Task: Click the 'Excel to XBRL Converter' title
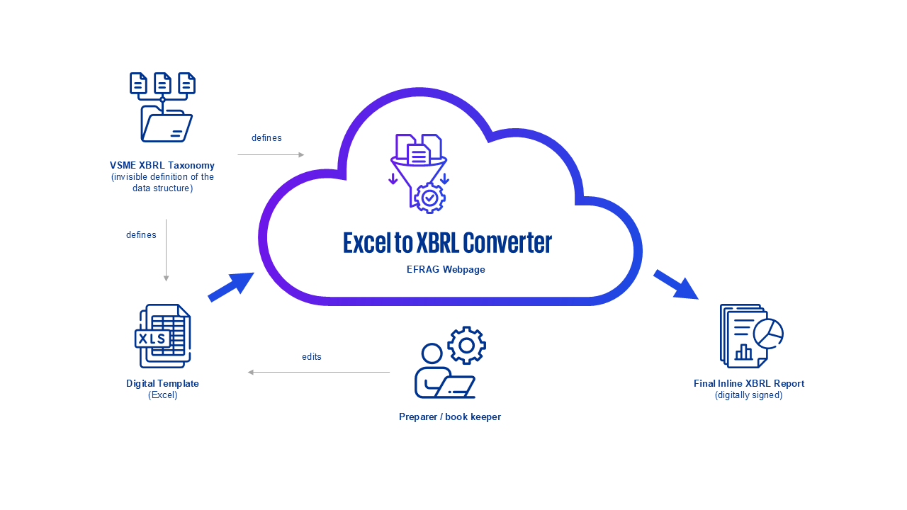click(x=447, y=243)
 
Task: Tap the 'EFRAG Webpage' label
click(x=446, y=270)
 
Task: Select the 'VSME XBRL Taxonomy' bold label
click(x=162, y=166)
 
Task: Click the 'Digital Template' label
click(x=162, y=383)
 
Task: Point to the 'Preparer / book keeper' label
click(x=450, y=417)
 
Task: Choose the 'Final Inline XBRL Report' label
click(x=749, y=383)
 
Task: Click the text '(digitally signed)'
click(x=749, y=395)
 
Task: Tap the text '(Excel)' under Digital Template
click(x=162, y=395)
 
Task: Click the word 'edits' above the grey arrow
click(x=312, y=357)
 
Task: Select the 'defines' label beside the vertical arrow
click(x=141, y=235)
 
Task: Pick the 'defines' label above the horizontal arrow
click(x=266, y=138)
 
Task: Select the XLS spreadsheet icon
click(x=163, y=336)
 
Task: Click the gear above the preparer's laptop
click(x=466, y=345)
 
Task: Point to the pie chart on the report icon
click(x=768, y=334)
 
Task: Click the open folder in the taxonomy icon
click(x=166, y=126)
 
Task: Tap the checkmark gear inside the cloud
click(x=429, y=198)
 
